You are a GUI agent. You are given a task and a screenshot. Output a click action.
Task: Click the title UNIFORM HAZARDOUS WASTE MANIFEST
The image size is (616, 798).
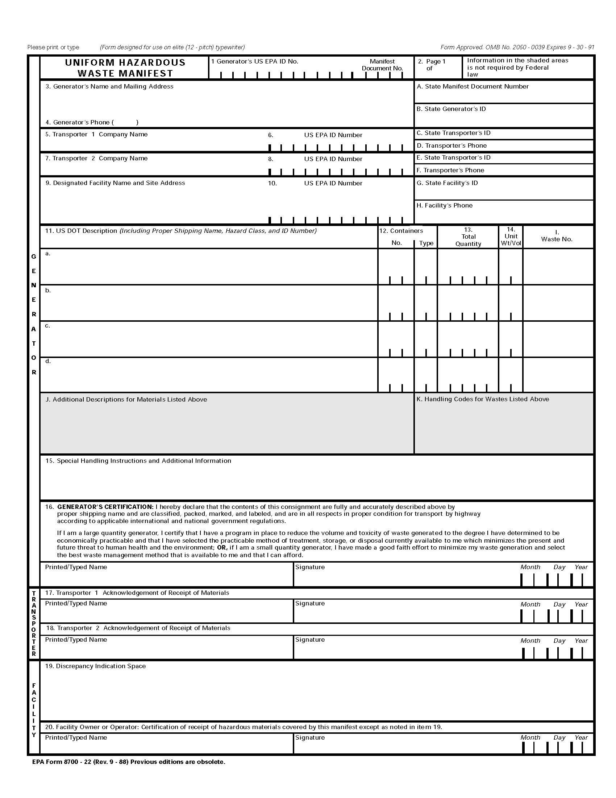[125, 68]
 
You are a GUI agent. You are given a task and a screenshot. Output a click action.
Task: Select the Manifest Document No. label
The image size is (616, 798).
[382, 65]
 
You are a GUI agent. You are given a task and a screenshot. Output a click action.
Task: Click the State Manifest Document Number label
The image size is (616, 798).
[473, 87]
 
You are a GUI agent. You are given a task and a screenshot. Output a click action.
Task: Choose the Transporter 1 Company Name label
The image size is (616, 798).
[96, 135]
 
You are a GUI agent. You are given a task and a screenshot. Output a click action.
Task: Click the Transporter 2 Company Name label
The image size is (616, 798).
[96, 159]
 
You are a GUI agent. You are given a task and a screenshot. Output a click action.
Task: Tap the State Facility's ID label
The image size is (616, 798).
[447, 183]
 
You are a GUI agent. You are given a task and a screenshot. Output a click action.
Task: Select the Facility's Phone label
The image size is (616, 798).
[445, 206]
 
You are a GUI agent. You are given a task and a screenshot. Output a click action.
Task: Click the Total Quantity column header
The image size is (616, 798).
[468, 237]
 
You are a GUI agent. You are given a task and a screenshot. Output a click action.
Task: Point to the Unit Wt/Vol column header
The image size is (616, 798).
[511, 236]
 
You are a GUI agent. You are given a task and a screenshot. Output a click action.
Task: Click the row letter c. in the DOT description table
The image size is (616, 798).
[47, 326]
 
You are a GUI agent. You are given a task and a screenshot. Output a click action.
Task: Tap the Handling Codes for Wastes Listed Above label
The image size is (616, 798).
[482, 399]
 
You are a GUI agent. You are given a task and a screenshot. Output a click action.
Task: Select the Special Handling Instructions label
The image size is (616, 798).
[138, 461]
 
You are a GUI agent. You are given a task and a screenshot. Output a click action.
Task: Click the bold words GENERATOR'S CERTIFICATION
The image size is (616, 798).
[105, 507]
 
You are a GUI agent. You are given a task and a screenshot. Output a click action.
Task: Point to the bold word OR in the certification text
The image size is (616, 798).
[222, 548]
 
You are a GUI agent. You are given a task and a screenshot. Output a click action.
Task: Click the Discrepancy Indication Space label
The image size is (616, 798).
[95, 666]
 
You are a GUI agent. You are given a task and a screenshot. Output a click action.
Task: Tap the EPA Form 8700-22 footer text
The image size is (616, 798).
[129, 762]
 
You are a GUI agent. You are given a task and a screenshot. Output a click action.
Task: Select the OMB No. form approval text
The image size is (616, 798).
[517, 48]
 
